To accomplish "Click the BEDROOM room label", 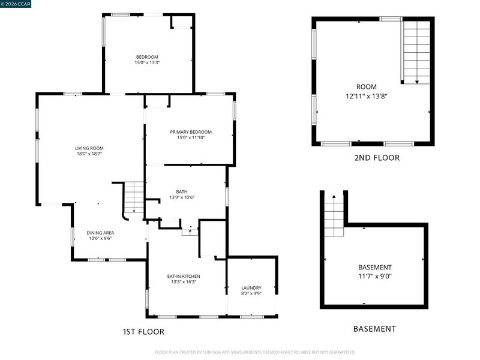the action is point(147,57).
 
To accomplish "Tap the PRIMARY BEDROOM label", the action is point(191,132).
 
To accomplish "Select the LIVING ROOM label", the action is point(89,148).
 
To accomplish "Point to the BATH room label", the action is point(182,191).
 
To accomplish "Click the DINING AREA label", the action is point(100,233).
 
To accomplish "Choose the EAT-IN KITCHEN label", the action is point(184,276).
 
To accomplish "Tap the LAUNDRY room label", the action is point(251,288).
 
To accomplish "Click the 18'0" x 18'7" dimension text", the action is point(89,154).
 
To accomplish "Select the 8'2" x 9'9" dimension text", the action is point(251,293).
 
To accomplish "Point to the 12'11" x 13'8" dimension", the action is point(367,96).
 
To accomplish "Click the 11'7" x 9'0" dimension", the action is point(375,276).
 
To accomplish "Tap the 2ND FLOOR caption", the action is point(377,158).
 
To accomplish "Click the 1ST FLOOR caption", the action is point(143,332).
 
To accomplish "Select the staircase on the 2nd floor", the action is point(416,52).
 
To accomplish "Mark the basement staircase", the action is point(334,215).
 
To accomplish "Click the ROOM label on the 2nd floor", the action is point(367,86).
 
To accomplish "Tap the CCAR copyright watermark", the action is point(16,4).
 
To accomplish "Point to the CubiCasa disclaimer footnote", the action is point(255,352).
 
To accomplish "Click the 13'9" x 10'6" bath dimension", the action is point(182,197).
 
